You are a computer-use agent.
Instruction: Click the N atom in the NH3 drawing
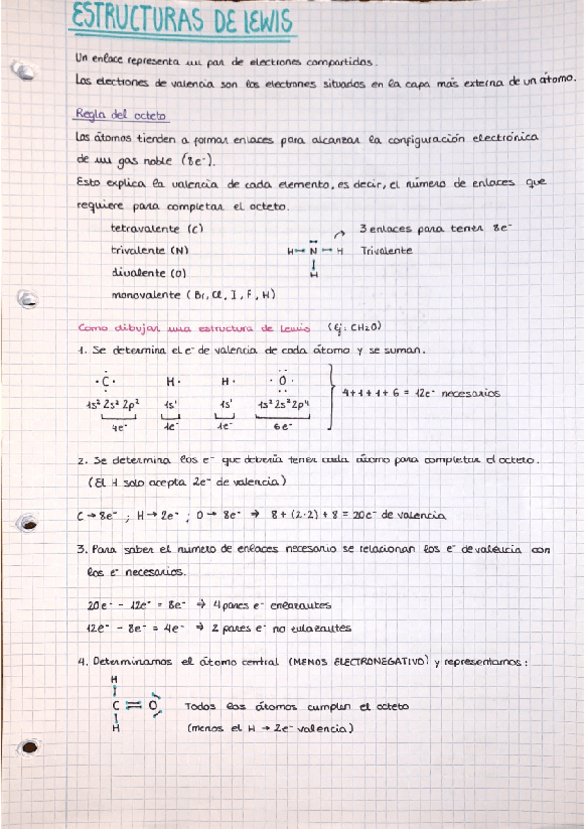click(313, 251)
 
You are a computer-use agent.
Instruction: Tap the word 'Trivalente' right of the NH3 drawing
click(386, 251)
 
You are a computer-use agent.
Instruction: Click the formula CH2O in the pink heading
click(361, 328)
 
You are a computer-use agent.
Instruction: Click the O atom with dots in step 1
click(283, 381)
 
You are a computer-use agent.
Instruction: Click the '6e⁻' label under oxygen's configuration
click(284, 427)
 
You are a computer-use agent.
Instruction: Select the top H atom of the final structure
click(114, 677)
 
